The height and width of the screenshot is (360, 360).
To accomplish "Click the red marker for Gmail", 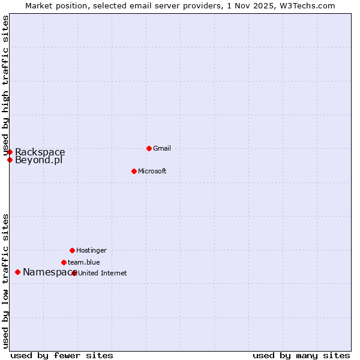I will point(149,148).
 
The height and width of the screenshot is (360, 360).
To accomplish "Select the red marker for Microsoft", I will point(134,171).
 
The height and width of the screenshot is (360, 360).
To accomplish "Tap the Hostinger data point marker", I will point(72,250).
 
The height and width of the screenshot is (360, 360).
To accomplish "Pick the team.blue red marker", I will point(64,262).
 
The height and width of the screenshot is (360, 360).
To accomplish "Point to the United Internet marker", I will point(74,273).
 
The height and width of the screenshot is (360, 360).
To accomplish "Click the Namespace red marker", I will point(17,272).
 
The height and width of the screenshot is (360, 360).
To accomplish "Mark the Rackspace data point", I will point(10,152).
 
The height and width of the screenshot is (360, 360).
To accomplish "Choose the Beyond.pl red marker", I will point(10,160).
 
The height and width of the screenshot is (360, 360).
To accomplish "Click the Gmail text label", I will point(162,148).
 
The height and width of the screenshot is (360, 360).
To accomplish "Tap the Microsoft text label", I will point(152,171).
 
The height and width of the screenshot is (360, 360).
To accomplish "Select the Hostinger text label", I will point(91,250).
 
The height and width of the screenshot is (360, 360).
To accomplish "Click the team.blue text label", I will point(84,262).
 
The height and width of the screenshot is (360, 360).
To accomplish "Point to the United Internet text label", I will point(103,273).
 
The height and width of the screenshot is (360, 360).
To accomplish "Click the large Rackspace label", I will point(40,152).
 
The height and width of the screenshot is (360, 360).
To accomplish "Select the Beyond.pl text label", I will point(39,160).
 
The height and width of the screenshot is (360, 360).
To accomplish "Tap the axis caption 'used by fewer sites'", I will point(62,355).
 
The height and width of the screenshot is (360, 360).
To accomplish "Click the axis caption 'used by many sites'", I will point(301,355).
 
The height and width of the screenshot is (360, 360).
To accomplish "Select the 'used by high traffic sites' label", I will point(5,84).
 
